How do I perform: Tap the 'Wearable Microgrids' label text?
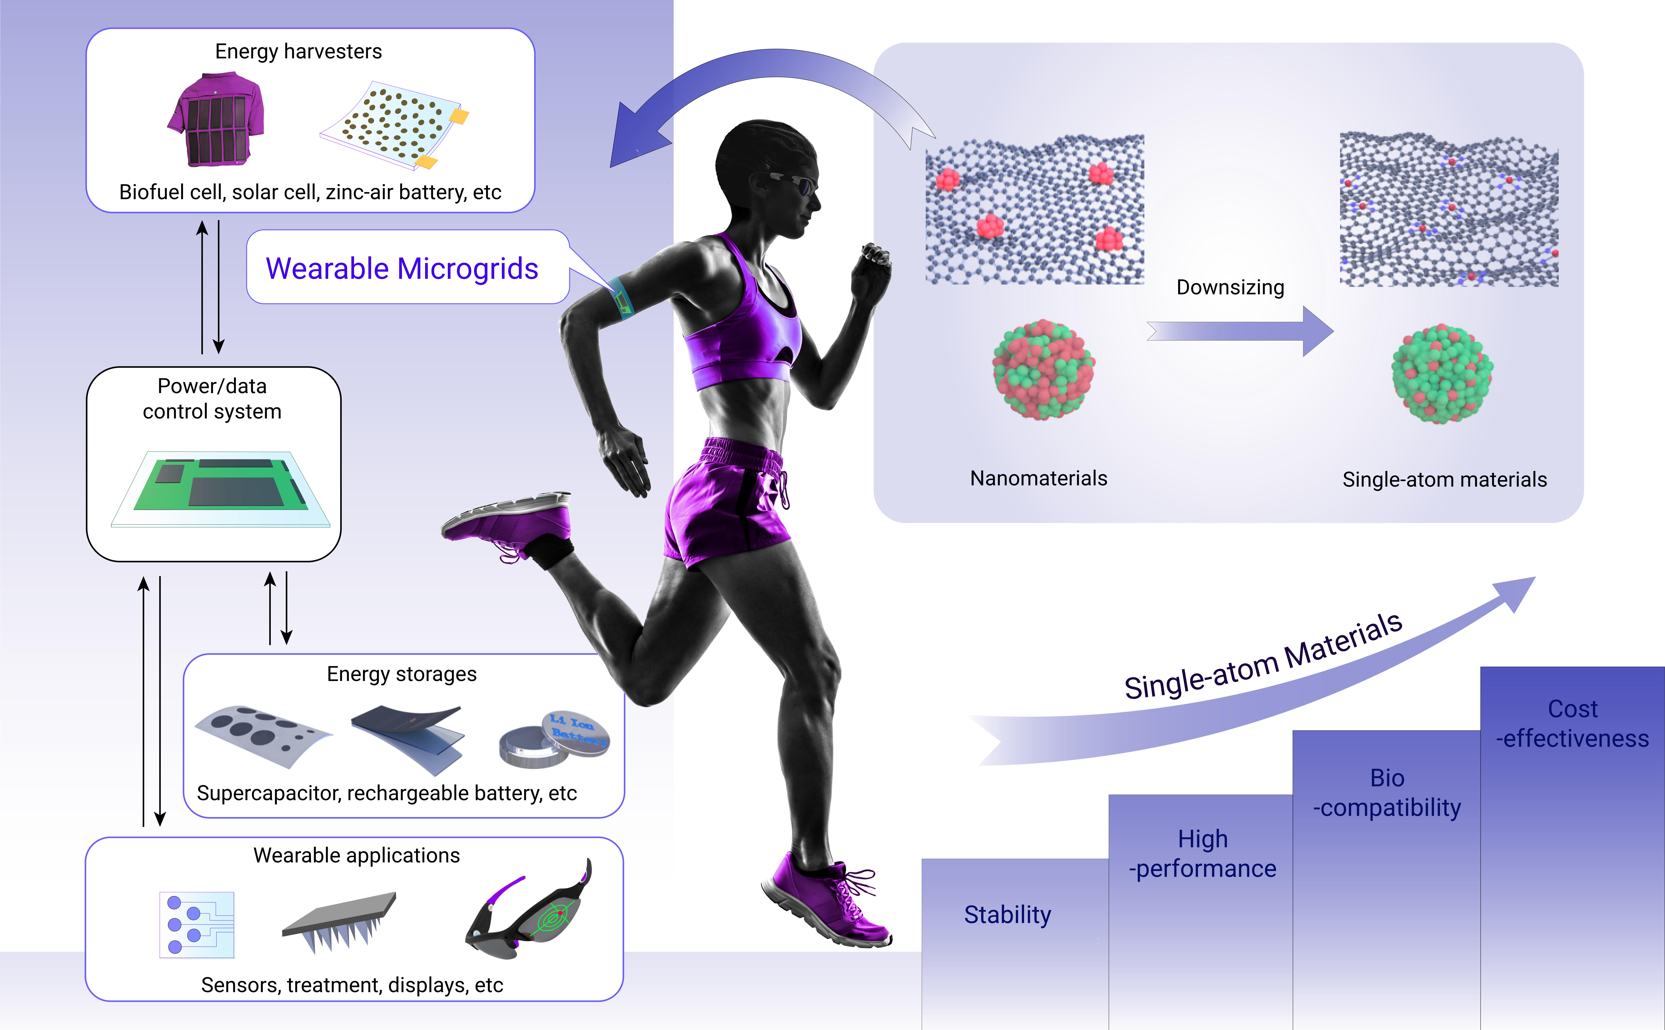(402, 268)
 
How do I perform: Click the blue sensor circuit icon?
(197, 924)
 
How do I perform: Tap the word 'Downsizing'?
(1230, 287)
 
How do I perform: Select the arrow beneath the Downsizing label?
(1240, 331)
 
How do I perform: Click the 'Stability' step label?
(1008, 915)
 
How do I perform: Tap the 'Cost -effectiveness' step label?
(1572, 723)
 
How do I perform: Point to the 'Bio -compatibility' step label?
(1387, 792)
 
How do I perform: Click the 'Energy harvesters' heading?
(298, 51)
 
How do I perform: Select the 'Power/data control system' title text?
(212, 399)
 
